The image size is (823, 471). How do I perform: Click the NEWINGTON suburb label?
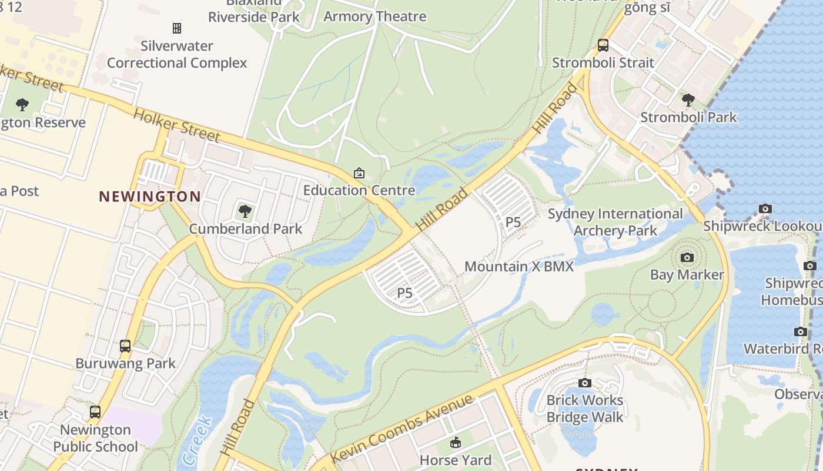click(x=149, y=197)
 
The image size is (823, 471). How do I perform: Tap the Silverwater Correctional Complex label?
click(x=177, y=54)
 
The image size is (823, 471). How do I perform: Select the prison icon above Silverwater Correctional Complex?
click(x=176, y=28)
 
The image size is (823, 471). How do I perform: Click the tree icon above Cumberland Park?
click(x=245, y=211)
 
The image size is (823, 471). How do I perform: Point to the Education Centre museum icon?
click(x=359, y=173)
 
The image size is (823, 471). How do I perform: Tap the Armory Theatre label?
click(x=374, y=16)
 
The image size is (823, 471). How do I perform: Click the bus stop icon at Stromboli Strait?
click(x=603, y=45)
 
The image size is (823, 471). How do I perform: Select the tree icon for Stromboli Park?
click(x=688, y=100)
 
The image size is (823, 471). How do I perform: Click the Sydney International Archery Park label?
click(x=615, y=222)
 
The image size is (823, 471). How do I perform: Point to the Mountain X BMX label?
click(x=518, y=267)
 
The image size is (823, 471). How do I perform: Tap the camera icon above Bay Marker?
click(x=687, y=257)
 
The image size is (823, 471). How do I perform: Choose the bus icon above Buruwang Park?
click(x=125, y=346)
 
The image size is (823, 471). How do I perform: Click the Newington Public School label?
click(x=95, y=439)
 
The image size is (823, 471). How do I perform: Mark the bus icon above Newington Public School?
click(x=95, y=412)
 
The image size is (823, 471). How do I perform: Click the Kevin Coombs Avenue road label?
click(x=401, y=429)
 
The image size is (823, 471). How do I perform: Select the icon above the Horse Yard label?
click(x=455, y=443)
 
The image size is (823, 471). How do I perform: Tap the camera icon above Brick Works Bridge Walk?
click(x=584, y=383)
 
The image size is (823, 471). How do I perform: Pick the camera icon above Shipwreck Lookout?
click(x=765, y=208)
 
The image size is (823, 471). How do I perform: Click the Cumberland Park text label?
click(x=245, y=229)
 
